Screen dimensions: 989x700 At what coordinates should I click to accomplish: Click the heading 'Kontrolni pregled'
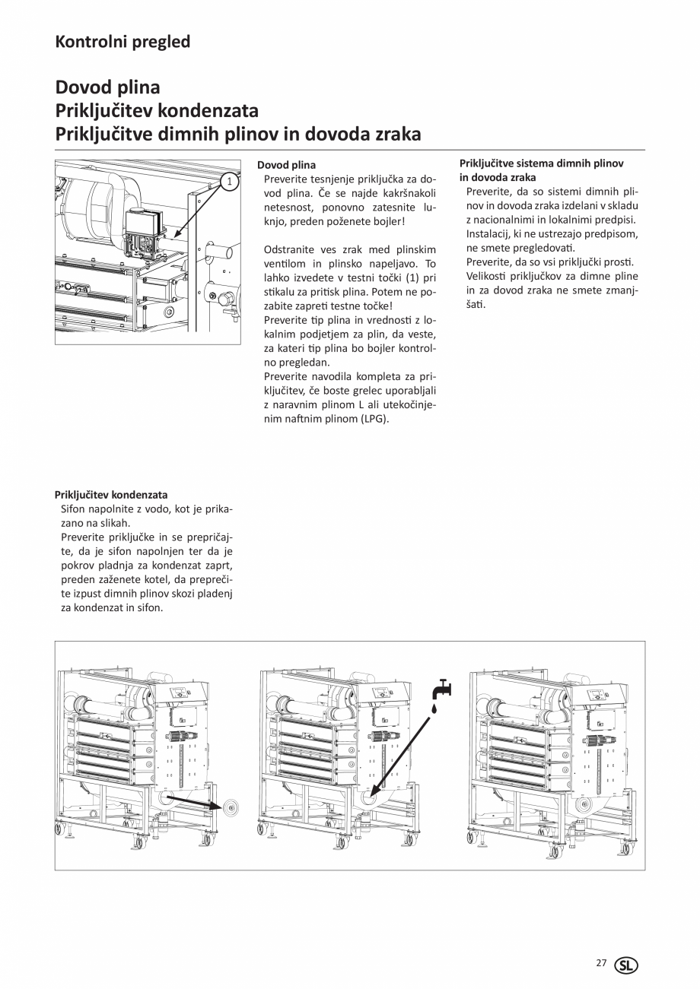(123, 42)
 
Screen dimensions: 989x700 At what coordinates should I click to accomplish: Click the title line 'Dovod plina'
(107, 88)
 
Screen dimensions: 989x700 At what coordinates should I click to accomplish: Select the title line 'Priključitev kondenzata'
(157, 111)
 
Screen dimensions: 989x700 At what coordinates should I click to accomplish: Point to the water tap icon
(441, 689)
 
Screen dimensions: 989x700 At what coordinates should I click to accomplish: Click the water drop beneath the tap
(434, 708)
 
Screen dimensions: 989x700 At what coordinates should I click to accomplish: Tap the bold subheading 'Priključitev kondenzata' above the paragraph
(111, 495)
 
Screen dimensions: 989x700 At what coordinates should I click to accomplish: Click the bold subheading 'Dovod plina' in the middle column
(286, 165)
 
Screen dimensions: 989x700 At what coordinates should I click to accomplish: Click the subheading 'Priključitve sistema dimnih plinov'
(542, 163)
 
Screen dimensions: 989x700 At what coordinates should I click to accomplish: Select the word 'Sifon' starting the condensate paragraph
(74, 509)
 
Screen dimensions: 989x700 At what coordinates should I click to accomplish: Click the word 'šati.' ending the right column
(476, 304)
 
